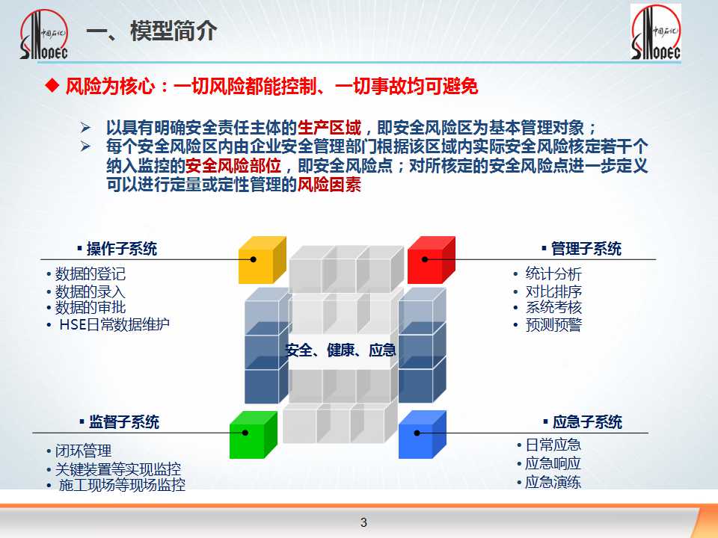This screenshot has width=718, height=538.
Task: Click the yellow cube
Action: [x=262, y=260]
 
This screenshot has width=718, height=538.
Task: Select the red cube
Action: [x=431, y=260]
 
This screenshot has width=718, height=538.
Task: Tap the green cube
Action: [x=254, y=435]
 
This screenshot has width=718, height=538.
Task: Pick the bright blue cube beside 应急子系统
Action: [x=422, y=435]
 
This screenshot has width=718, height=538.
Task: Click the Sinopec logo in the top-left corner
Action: [x=44, y=34]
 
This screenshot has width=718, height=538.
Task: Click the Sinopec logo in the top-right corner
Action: [x=656, y=32]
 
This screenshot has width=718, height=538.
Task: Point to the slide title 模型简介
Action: [x=174, y=31]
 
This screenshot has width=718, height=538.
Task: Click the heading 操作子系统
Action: [x=121, y=249]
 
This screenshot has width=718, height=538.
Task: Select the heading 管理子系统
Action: [x=586, y=249]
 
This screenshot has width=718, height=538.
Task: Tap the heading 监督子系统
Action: [x=123, y=421]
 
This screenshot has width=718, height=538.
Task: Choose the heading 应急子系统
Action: [x=587, y=421]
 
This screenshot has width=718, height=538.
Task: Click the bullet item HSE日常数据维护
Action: [x=114, y=324]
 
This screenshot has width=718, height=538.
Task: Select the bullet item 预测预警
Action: [x=553, y=325]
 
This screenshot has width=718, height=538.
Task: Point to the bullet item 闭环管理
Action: [x=83, y=451]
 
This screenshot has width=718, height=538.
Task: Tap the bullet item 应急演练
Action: [x=553, y=482]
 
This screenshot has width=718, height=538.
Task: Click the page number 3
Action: [x=363, y=522]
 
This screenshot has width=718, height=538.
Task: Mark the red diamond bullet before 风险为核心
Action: [x=52, y=85]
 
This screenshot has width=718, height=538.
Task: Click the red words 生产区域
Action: [x=329, y=127]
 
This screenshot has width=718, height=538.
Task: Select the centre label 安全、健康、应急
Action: [x=340, y=350]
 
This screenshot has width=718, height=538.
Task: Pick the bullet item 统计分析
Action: [x=553, y=274]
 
